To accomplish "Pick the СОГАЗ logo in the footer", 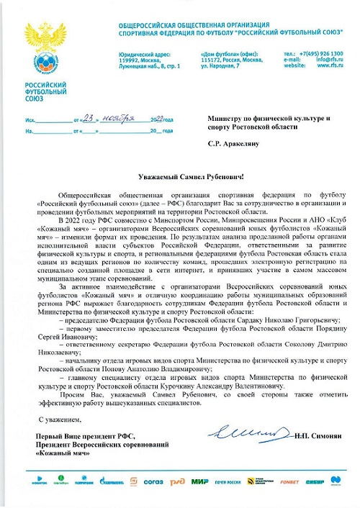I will click(153, 481).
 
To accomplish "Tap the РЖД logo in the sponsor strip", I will click(177, 481).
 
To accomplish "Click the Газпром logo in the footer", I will click(84, 481).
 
